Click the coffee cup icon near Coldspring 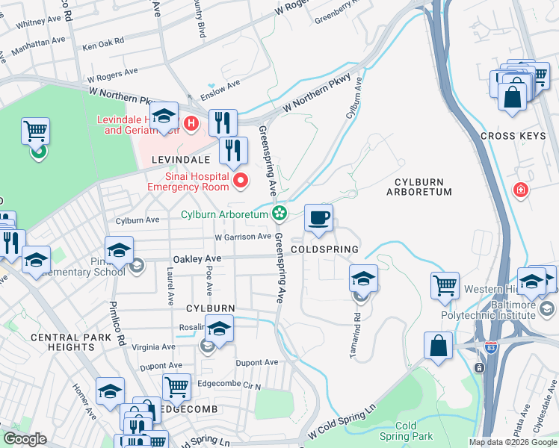click(318, 217)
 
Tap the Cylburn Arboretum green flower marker click(279, 214)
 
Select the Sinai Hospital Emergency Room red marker click(241, 181)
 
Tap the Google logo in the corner click(25, 439)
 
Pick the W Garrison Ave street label click(243, 237)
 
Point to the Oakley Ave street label click(194, 258)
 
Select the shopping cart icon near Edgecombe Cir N click(176, 387)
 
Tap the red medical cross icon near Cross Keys click(519, 191)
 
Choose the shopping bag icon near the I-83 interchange click(438, 346)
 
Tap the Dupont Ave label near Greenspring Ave click(256, 363)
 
